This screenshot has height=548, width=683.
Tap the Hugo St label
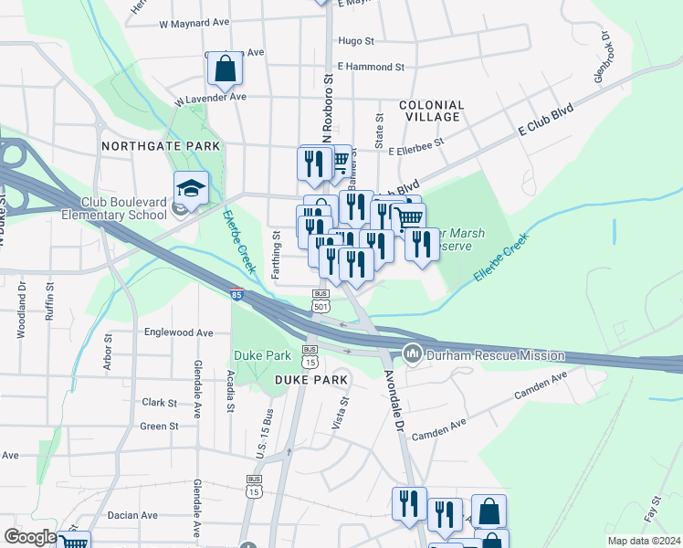coord(356,41)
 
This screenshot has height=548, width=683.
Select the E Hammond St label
coord(370,67)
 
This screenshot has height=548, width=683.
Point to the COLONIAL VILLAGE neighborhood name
coord(432,111)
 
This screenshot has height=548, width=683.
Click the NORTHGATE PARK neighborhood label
coord(161,146)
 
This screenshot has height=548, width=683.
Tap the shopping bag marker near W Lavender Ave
coord(225,68)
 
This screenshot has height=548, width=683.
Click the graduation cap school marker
coord(191,188)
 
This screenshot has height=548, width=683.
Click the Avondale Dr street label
coord(394,402)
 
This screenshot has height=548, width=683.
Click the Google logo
coord(30,537)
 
